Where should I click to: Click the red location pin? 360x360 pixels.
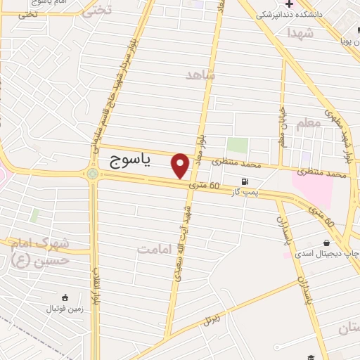181,165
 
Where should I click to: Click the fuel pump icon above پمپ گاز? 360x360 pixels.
244,180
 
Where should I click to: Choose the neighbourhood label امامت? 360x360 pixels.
155,249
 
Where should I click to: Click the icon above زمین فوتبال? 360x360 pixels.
65,297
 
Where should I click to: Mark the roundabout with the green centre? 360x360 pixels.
92,174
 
